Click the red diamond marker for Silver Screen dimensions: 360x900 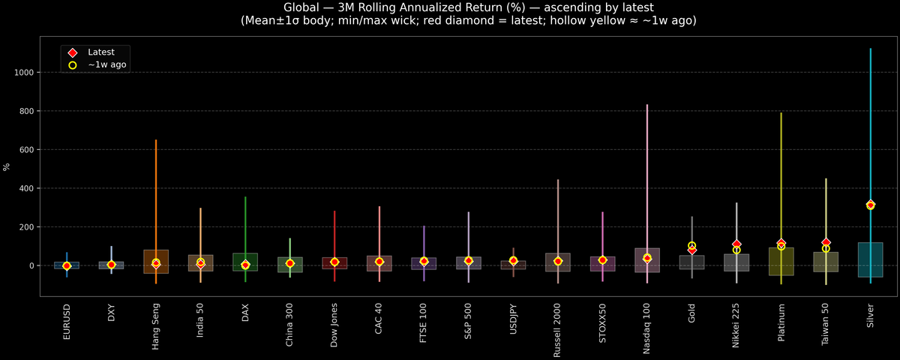click(x=870, y=205)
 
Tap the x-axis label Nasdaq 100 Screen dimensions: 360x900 click(x=647, y=329)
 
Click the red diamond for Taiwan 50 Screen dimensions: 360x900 click(x=826, y=242)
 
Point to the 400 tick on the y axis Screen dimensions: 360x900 click(x=28, y=188)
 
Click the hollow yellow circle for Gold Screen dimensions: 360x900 click(x=691, y=246)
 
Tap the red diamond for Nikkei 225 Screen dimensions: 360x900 click(x=736, y=244)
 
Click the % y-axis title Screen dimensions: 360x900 click(x=7, y=166)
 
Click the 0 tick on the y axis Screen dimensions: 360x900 click(x=33, y=265)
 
